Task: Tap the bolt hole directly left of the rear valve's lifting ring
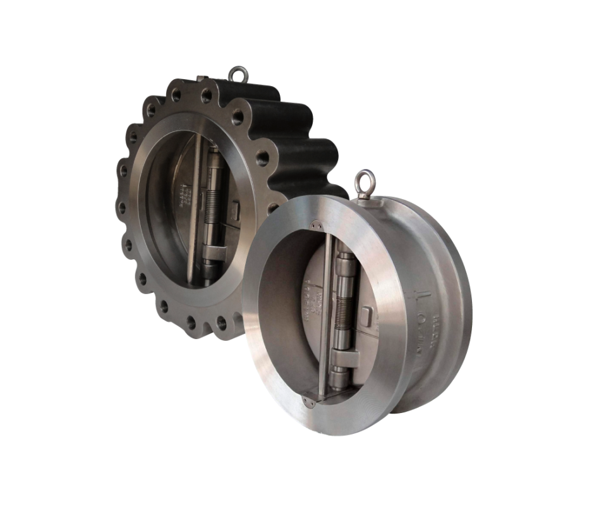pos(207,96)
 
